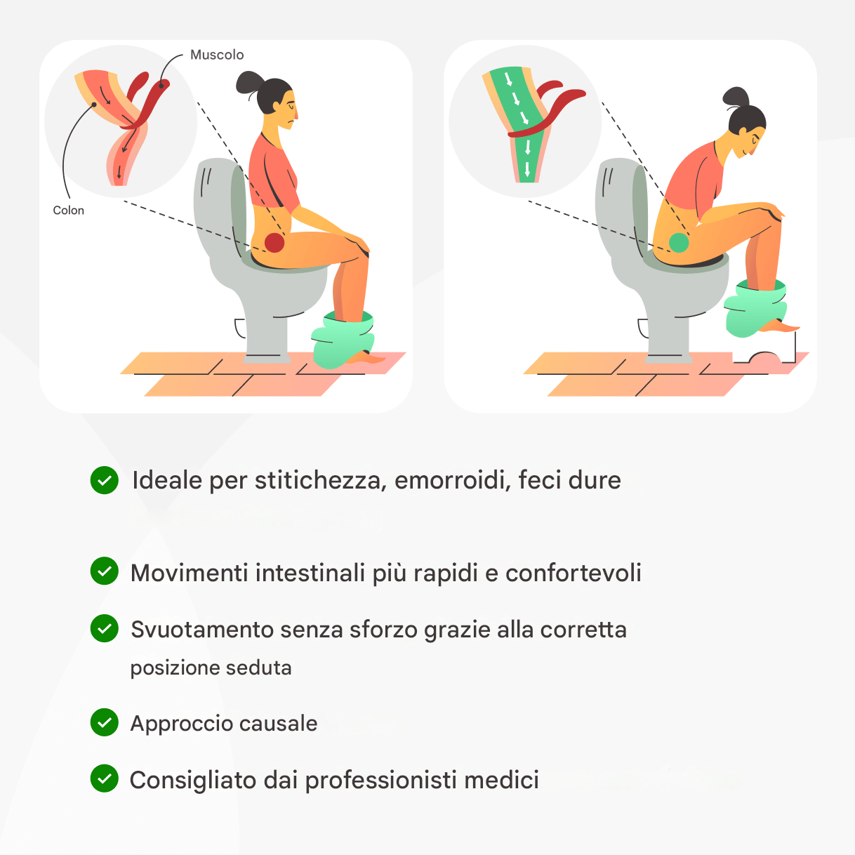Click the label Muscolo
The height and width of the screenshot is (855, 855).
217,55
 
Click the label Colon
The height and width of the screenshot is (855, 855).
68,210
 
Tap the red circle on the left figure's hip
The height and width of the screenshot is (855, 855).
274,243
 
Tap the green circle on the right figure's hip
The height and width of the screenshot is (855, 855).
678,243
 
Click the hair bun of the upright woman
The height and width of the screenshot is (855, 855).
249,82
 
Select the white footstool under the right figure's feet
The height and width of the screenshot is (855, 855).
764,350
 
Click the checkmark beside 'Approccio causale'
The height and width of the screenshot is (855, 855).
105,723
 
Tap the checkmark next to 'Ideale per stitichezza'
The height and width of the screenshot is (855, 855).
105,480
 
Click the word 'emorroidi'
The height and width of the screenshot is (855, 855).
453,480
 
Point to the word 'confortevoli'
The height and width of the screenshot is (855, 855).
574,572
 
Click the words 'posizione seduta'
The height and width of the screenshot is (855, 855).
211,668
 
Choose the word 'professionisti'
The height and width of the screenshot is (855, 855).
380,780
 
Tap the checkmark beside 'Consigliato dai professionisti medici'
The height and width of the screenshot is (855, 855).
105,778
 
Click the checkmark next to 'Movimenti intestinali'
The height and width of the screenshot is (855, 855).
105,571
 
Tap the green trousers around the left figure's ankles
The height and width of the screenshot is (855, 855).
343,340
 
